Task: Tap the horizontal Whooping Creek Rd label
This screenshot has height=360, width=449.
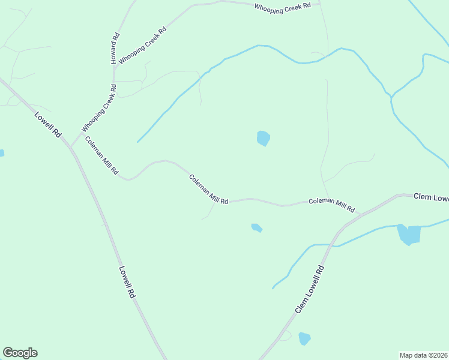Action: [283, 7]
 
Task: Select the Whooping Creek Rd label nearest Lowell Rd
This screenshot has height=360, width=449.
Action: [98, 108]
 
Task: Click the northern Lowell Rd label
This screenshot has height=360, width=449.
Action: [48, 125]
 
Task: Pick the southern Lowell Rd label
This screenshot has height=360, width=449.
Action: [127, 283]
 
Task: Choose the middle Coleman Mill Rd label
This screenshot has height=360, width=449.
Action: [208, 190]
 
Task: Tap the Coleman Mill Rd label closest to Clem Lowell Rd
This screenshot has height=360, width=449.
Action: [331, 205]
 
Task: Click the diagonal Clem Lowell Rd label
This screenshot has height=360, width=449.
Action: [310, 289]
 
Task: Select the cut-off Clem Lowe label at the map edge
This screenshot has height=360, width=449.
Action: [431, 197]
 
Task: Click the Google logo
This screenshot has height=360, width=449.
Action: [20, 353]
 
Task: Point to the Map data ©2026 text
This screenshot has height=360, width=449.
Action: [423, 355]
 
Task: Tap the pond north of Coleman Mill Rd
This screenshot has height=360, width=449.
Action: [263, 139]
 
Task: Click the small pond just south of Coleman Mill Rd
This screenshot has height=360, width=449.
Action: [256, 227]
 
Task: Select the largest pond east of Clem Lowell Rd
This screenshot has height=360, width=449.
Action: [409, 234]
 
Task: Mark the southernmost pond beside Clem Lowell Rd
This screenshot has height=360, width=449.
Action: [304, 338]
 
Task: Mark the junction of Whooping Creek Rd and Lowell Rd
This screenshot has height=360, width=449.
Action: [71, 146]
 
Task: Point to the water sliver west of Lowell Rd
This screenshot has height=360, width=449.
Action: [1, 153]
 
